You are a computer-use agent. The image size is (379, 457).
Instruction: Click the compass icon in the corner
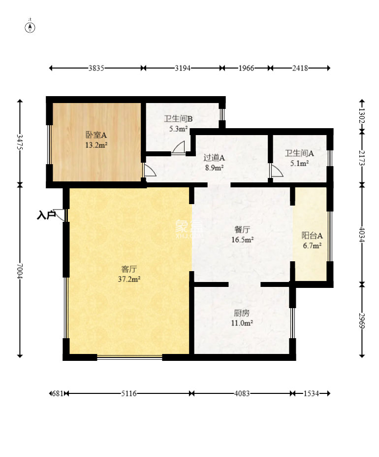coord(31,27)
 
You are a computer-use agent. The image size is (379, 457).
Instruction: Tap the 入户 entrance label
coord(46,215)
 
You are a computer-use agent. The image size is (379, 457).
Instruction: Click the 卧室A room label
coord(96,135)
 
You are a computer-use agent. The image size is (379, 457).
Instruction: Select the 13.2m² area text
coord(96,145)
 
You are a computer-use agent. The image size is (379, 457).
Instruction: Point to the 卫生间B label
coord(178,119)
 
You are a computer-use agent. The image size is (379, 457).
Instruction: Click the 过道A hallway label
coord(214,158)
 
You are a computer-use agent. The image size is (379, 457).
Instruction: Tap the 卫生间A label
coord(299,153)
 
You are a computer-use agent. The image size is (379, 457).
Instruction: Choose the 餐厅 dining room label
coord(242,230)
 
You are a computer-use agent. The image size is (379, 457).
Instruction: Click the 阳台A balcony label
coord(312,235)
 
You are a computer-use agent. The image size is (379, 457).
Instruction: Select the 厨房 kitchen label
coord(242,313)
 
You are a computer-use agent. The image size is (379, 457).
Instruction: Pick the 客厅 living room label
coord(129,269)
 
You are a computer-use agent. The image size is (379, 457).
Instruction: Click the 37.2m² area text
coord(129,279)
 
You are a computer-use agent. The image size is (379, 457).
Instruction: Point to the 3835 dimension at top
coord(96,68)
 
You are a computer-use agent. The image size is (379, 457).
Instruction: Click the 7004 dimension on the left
coord(20,271)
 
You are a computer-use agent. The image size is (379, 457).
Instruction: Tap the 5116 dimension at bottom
coord(129,393)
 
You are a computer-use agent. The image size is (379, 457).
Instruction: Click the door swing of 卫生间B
coord(178,147)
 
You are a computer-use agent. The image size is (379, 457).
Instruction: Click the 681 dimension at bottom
coord(58,393)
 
